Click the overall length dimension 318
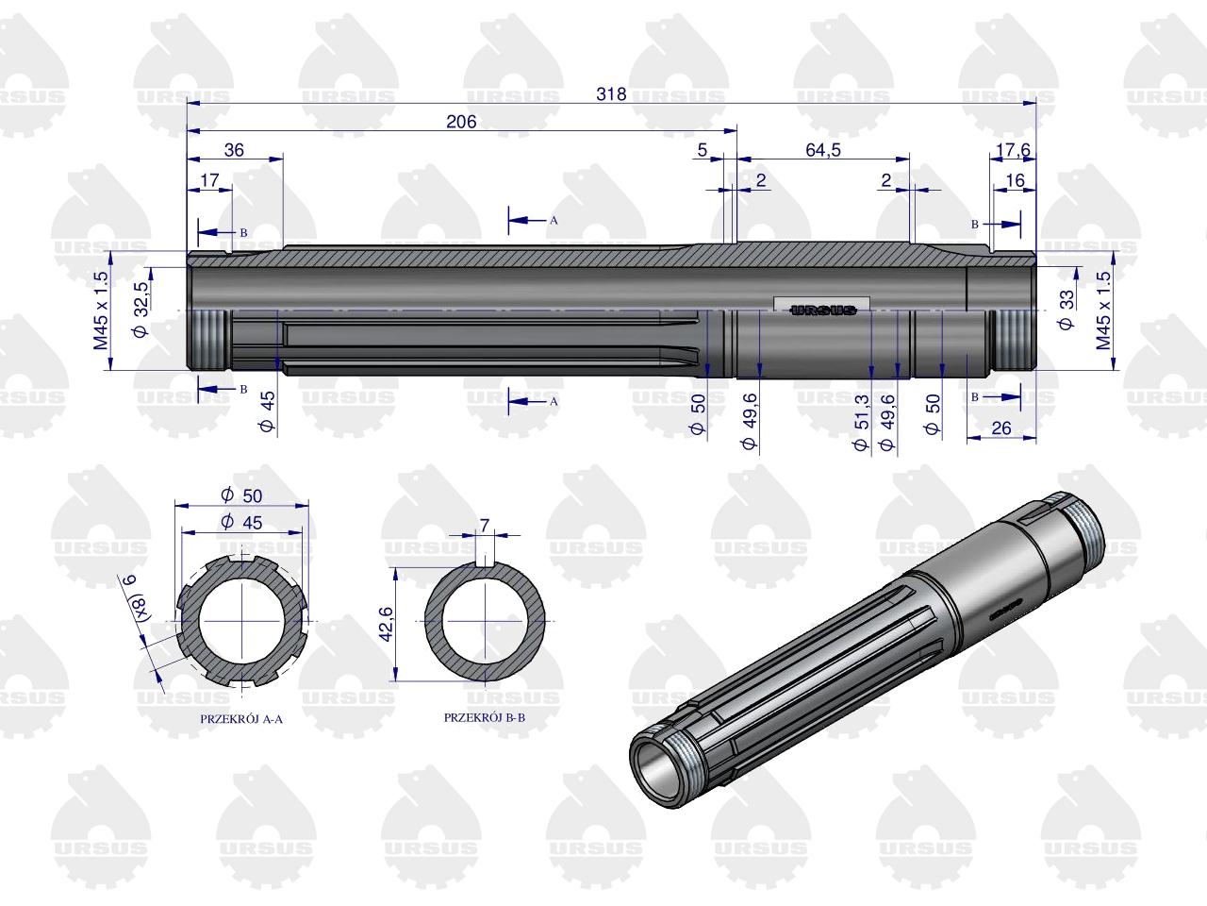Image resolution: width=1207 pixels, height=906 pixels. [611, 94]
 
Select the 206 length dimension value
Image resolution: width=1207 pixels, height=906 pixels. [461, 122]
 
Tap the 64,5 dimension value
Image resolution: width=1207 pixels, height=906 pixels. [822, 150]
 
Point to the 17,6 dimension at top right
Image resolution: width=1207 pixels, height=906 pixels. [1013, 150]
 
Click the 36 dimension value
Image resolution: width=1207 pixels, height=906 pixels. [234, 150]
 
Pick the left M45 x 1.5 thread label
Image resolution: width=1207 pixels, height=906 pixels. [101, 310]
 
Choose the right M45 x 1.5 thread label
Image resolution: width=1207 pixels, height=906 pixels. [1103, 310]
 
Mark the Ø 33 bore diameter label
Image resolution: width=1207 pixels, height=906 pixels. [1066, 310]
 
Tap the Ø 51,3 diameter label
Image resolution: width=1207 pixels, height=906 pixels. [861, 423]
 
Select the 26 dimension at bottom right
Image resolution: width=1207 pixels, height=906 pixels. [1000, 428]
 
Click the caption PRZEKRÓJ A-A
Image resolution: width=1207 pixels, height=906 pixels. [241, 719]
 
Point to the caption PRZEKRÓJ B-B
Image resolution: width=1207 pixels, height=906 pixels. [485, 717]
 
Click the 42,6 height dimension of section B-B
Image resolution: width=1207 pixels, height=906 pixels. [386, 624]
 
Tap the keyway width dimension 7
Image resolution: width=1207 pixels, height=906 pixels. [485, 526]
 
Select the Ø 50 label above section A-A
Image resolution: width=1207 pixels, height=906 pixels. [242, 495]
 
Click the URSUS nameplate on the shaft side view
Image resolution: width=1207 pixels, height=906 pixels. [821, 310]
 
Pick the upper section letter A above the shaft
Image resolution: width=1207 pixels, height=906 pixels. [554, 220]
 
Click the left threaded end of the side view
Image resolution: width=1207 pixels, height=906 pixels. [208, 341]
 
